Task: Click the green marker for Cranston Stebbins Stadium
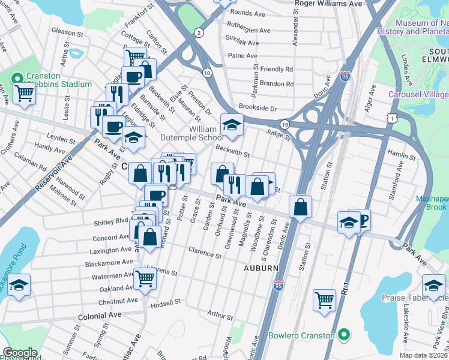coord(16,78)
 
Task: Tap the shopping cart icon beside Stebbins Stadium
coord(24,93)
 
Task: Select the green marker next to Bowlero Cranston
coord(343,334)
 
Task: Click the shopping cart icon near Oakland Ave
coord(145,278)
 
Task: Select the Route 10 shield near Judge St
coord(286,124)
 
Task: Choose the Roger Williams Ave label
coord(330,3)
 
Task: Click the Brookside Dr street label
coord(256,109)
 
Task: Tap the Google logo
coord(20,352)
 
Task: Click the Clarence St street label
coord(205,252)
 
